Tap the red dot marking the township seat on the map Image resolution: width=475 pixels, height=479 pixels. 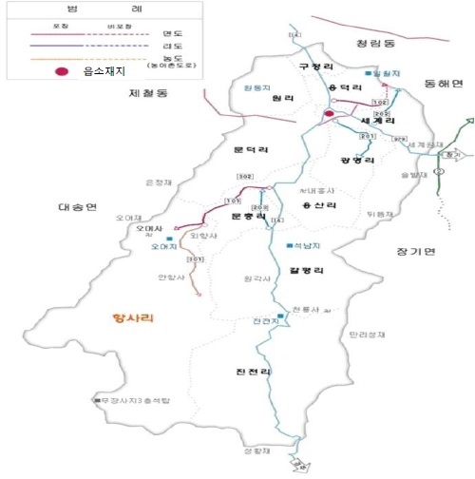pos(329,114)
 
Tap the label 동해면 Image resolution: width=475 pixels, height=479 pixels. pos(444,84)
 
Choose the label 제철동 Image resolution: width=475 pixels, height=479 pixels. pos(147,94)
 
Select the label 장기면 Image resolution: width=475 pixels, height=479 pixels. pos(415,251)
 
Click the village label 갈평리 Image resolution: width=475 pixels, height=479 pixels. pos(307,270)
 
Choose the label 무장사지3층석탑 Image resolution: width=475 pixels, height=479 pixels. pos(132,400)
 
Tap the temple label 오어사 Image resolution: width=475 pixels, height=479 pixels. pos(150,229)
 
